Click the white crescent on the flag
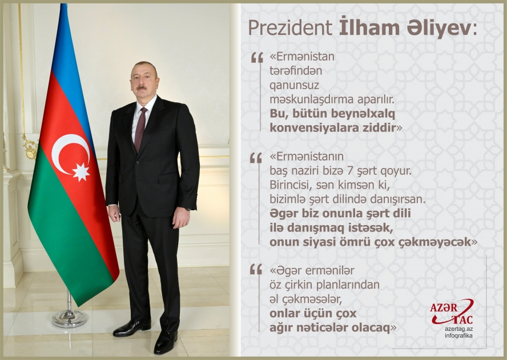tap(68, 153)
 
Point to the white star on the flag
tap(81, 171)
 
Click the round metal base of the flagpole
tap(70, 318)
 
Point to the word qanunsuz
tap(291, 85)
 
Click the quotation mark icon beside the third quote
tap(256, 268)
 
